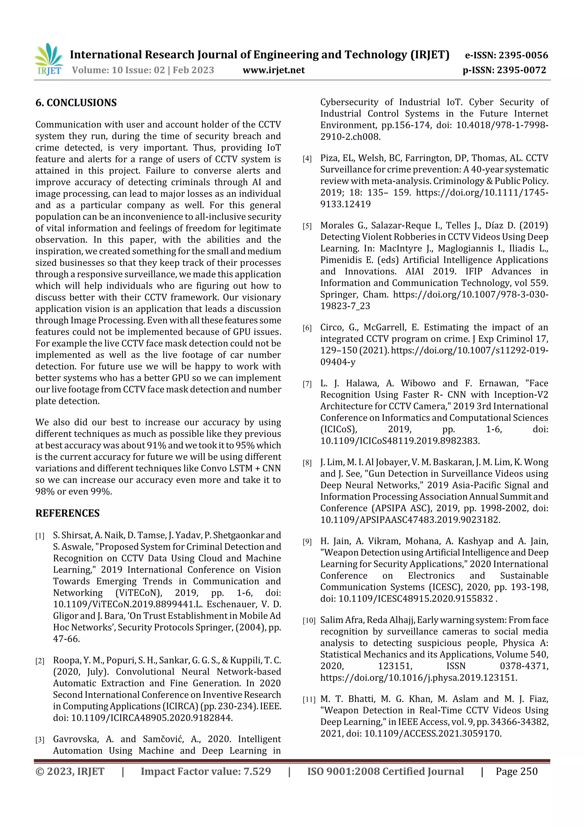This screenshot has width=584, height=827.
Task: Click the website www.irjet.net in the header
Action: pyautogui.click(x=273, y=70)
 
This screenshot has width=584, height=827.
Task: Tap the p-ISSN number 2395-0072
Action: pyautogui.click(x=521, y=70)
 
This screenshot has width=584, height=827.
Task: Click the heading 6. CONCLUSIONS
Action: pyautogui.click(x=76, y=103)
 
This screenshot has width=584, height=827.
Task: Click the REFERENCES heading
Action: pyautogui.click(x=67, y=513)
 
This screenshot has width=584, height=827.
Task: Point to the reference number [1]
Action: pyautogui.click(x=40, y=536)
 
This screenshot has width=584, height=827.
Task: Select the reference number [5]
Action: pyautogui.click(x=307, y=226)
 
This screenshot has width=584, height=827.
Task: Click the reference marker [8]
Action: pyautogui.click(x=307, y=463)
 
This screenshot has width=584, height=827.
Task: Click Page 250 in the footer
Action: pyautogui.click(x=516, y=772)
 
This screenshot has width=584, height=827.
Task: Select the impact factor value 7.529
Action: pyautogui.click(x=257, y=772)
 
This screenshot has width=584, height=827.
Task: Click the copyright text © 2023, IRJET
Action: pyautogui.click(x=70, y=772)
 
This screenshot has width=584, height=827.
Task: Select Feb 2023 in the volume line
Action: pyautogui.click(x=193, y=70)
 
